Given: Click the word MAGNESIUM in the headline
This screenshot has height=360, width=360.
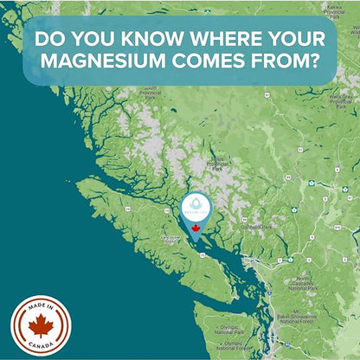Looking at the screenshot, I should tap(99, 65).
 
